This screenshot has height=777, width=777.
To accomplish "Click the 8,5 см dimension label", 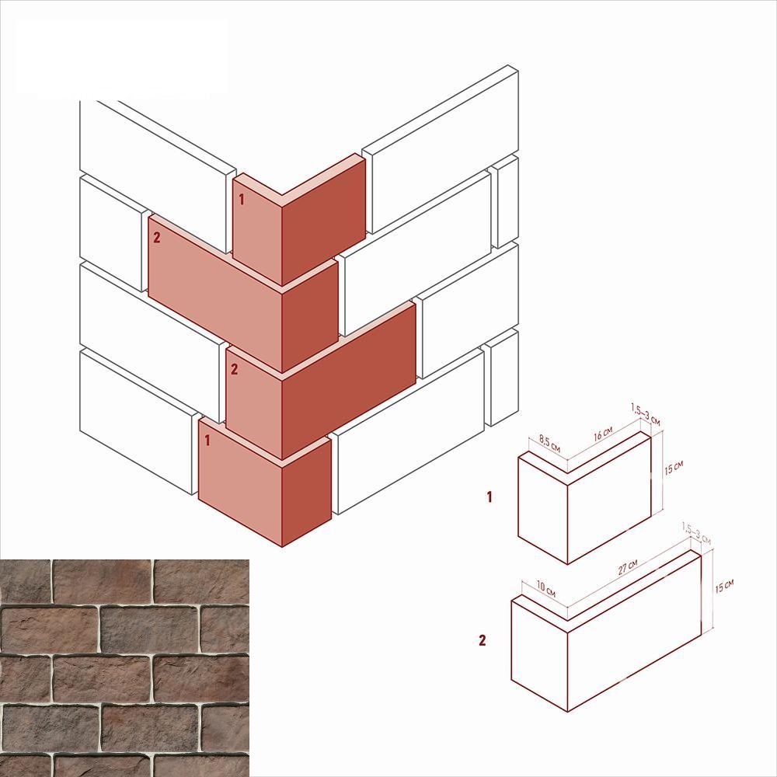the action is pyautogui.click(x=549, y=444).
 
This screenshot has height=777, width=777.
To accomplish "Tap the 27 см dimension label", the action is pyautogui.click(x=628, y=567).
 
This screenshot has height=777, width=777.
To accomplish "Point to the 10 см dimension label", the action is pyautogui.click(x=546, y=589).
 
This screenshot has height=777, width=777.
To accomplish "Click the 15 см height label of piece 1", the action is pyautogui.click(x=674, y=467).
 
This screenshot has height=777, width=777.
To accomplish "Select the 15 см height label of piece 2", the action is pyautogui.click(x=724, y=586).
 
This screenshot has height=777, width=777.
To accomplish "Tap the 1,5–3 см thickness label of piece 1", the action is pyautogui.click(x=646, y=415).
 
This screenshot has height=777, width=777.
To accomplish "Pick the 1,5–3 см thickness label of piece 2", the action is pyautogui.click(x=696, y=533).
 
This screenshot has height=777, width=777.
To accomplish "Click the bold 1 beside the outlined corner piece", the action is pyautogui.click(x=490, y=497).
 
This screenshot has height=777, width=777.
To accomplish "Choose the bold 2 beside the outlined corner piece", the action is pyautogui.click(x=483, y=640).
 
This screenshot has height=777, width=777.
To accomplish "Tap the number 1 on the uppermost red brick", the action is pyautogui.click(x=242, y=200).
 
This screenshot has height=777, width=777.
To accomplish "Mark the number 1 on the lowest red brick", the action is pyautogui.click(x=207, y=440).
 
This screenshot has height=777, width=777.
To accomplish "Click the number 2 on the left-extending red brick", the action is pyautogui.click(x=157, y=237).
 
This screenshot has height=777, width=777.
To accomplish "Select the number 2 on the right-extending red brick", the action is pyautogui.click(x=235, y=368).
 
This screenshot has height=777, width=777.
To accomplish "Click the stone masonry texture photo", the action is pyautogui.click(x=124, y=668).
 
